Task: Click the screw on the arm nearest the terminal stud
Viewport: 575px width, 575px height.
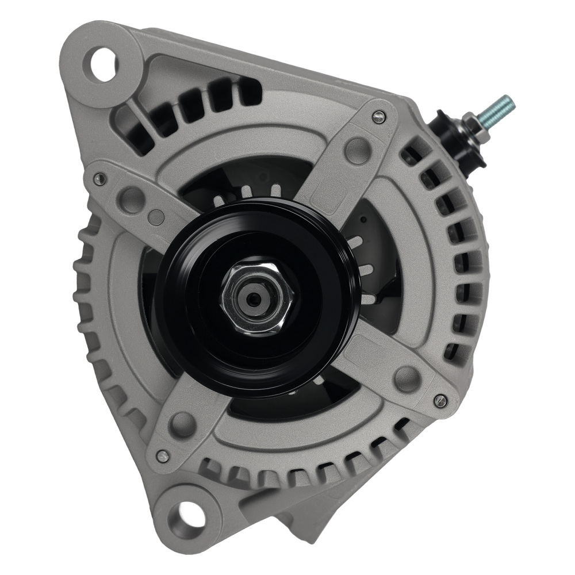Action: point(378,117)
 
